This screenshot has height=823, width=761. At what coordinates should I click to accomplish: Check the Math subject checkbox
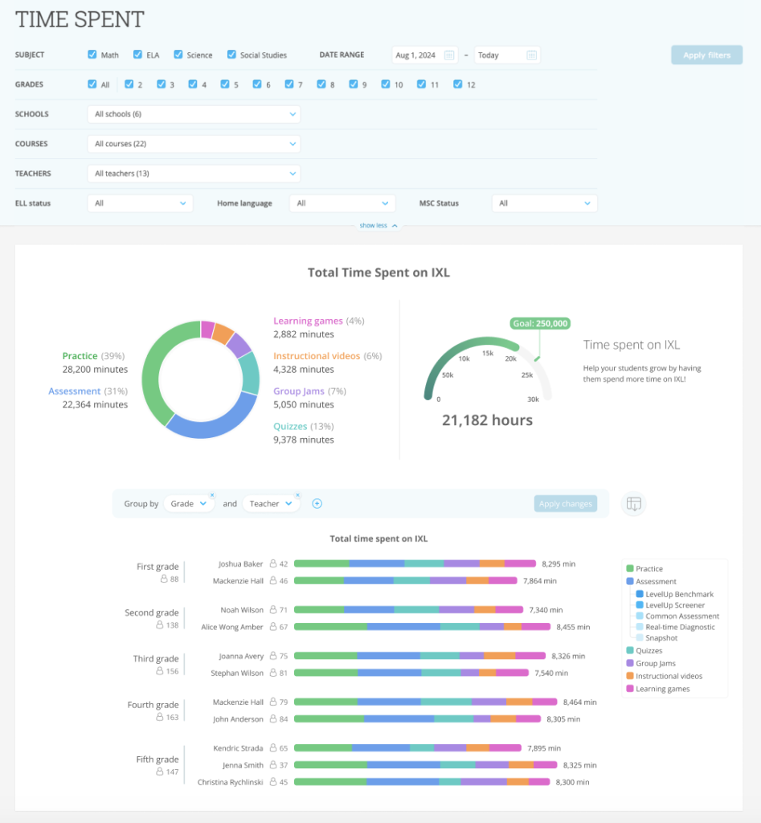[92, 55]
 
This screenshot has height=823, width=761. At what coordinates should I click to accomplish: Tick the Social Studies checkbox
[232, 55]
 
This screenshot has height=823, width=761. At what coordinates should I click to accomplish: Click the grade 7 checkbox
[289, 84]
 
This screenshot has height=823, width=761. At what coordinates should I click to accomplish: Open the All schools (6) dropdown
[194, 114]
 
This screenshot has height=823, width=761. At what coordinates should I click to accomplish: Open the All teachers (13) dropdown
[194, 174]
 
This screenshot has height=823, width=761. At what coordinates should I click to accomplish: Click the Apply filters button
[706, 55]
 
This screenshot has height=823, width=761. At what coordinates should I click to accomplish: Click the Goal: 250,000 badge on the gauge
[539, 324]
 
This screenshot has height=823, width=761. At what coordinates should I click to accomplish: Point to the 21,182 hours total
[487, 420]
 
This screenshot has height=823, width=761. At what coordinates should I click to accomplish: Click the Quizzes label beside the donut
[292, 426]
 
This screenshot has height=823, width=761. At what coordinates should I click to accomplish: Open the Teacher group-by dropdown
[270, 504]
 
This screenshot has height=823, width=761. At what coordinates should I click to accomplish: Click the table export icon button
[634, 504]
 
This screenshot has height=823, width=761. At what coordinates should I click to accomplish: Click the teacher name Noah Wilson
[241, 610]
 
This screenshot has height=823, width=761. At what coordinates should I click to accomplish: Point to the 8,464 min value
[582, 702]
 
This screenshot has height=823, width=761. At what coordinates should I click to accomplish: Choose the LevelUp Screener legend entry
[675, 605]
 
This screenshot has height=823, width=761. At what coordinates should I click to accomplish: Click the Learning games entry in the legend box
[662, 689]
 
